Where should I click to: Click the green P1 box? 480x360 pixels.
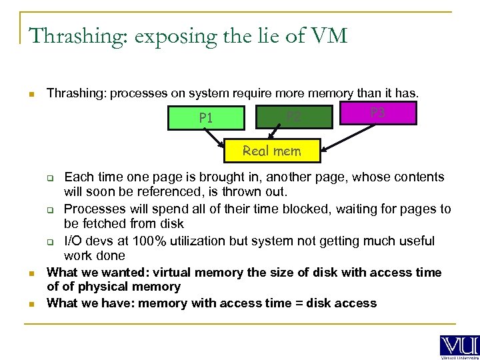click(206, 118)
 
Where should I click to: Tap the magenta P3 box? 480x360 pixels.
click(377, 113)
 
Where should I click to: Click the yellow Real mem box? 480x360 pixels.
click(271, 151)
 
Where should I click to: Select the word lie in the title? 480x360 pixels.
click(261, 36)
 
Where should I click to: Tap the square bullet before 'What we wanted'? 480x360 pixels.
click(31, 273)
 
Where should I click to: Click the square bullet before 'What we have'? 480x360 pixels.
click(31, 304)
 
